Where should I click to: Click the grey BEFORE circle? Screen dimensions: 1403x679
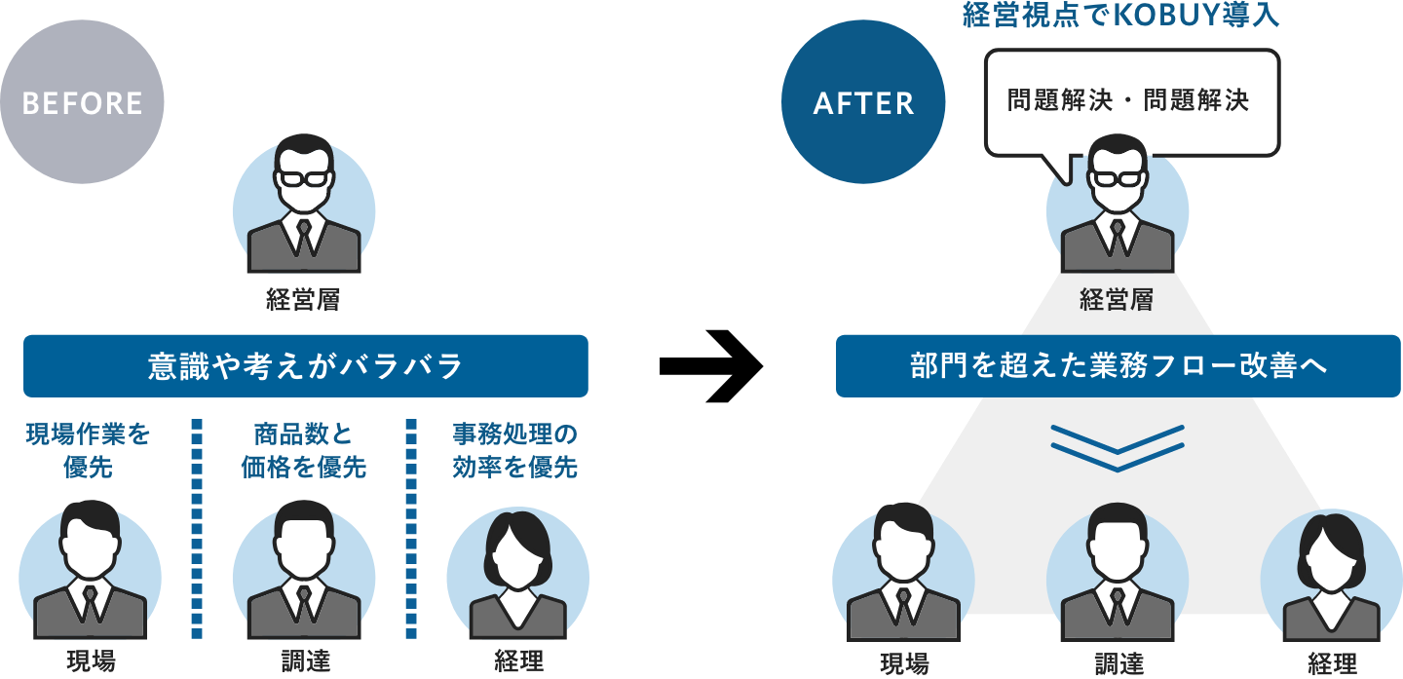pyautogui.click(x=82, y=102)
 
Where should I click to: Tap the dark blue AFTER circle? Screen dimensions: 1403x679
pyautogui.click(x=863, y=102)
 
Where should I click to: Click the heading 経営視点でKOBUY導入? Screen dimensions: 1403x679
pyautogui.click(x=1119, y=16)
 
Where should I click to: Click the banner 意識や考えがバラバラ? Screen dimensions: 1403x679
pyautogui.click(x=305, y=366)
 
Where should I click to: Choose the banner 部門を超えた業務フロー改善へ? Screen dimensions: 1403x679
pyautogui.click(x=1118, y=366)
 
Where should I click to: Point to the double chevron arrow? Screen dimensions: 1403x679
pyautogui.click(x=1118, y=447)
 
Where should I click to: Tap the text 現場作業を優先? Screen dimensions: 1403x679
pyautogui.click(x=88, y=450)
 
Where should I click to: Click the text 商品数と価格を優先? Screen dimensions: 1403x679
pyautogui.click(x=303, y=450)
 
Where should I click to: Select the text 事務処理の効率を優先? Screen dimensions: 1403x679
pyautogui.click(x=514, y=450)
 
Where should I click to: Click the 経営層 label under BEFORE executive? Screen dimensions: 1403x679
pyautogui.click(x=303, y=300)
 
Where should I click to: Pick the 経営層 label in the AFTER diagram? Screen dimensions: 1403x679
pyautogui.click(x=1117, y=300)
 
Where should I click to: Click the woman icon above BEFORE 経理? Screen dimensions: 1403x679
pyautogui.click(x=517, y=575)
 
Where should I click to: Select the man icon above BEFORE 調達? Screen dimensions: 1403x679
pyautogui.click(x=303, y=575)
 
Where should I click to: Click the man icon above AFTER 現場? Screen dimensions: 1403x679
pyautogui.click(x=903, y=575)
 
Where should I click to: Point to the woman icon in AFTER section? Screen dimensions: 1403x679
pyautogui.click(x=1331, y=575)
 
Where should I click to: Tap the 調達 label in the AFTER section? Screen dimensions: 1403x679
pyautogui.click(x=1118, y=663)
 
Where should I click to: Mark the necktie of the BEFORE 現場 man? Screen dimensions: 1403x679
pyautogui.click(x=90, y=603)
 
